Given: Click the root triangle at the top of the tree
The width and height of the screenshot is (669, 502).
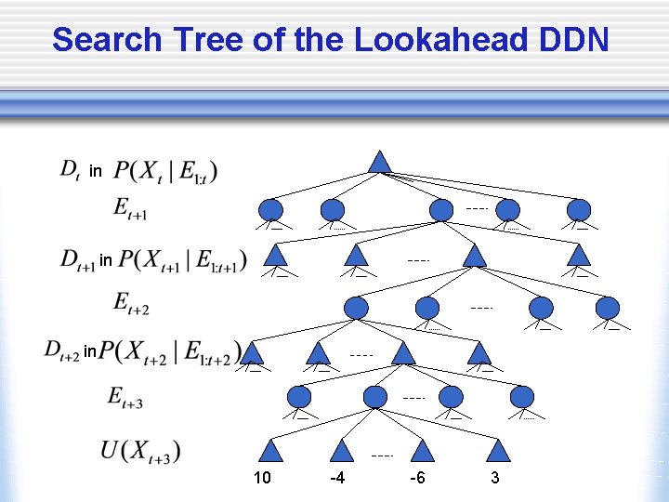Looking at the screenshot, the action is [x=378, y=162].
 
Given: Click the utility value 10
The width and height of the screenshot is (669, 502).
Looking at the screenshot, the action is [x=262, y=478].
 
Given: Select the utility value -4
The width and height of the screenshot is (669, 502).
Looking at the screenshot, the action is [x=338, y=478].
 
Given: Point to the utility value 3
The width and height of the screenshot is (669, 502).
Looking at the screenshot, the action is [x=495, y=478].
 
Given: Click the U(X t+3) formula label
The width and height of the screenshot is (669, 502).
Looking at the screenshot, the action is [x=140, y=452].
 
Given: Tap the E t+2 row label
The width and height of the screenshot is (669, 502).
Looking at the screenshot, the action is [x=131, y=303].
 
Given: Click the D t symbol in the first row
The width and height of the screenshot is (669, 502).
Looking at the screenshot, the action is [x=70, y=169].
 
